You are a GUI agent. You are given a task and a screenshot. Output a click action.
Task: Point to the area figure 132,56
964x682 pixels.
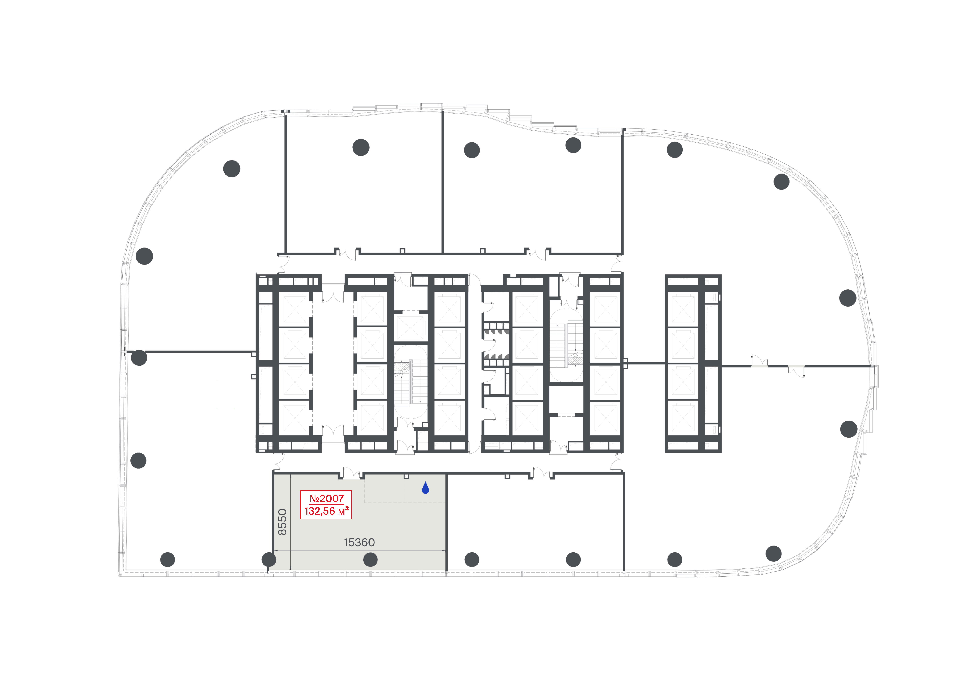pyautogui.click(x=320, y=511)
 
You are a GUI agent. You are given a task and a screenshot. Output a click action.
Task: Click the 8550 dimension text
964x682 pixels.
pyautogui.click(x=282, y=522)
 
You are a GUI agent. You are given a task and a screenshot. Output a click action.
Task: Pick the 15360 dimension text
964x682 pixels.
pyautogui.click(x=359, y=543)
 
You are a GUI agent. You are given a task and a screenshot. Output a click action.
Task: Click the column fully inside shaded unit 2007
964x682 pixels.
pyautogui.click(x=370, y=559)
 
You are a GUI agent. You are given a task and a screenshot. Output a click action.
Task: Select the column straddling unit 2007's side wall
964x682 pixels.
pyautogui.click(x=269, y=559)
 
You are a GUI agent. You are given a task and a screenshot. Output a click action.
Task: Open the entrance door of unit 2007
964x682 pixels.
pyautogui.click(x=352, y=473)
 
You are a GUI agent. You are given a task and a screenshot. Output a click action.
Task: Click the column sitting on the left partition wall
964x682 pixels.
pyautogui.click(x=139, y=358)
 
